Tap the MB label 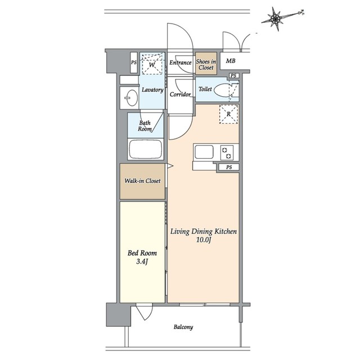pos(231,61)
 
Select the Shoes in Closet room pos(206,63)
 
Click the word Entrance pos(181,62)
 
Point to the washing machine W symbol pos(152,64)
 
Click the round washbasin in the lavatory pos(132,98)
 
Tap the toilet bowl pos(222,90)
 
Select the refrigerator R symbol pos(229,114)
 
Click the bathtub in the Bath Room pos(145,148)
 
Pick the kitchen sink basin pos(204,152)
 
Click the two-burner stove pos(227,152)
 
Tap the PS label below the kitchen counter pos(229,167)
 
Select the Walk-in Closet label pos(142,181)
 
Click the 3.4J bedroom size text pos(142,262)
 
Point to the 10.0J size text pos(204,240)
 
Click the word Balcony pos(183,327)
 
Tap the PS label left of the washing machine pos(134,62)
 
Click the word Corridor pos(180,94)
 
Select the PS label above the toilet pos(233,75)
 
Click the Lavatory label pos(152,89)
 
